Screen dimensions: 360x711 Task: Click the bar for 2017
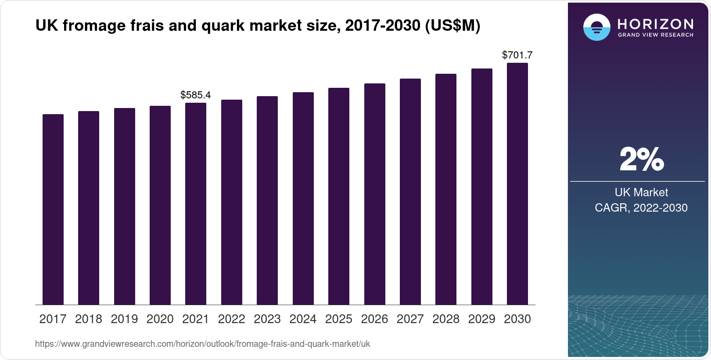tap(53, 209)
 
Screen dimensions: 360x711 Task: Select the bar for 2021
tap(196, 204)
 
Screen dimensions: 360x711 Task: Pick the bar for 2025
tap(339, 196)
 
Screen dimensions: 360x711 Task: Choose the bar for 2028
tap(446, 189)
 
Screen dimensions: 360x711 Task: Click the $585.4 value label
tap(196, 95)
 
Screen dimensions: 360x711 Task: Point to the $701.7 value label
tap(517, 55)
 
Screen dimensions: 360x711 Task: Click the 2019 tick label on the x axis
tap(124, 319)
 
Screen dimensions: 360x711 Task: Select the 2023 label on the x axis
tap(267, 319)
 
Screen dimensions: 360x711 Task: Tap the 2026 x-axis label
tap(374, 319)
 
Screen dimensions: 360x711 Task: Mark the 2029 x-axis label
tap(481, 319)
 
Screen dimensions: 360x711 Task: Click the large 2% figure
tap(641, 159)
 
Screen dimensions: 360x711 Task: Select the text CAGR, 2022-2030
tap(641, 208)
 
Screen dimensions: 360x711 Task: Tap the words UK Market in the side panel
tap(641, 192)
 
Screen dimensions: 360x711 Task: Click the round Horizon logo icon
tap(596, 27)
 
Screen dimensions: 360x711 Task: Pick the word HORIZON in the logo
tap(656, 24)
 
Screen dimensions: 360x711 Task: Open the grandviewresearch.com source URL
tap(202, 344)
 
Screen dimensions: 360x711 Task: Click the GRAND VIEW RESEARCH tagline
tap(656, 35)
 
